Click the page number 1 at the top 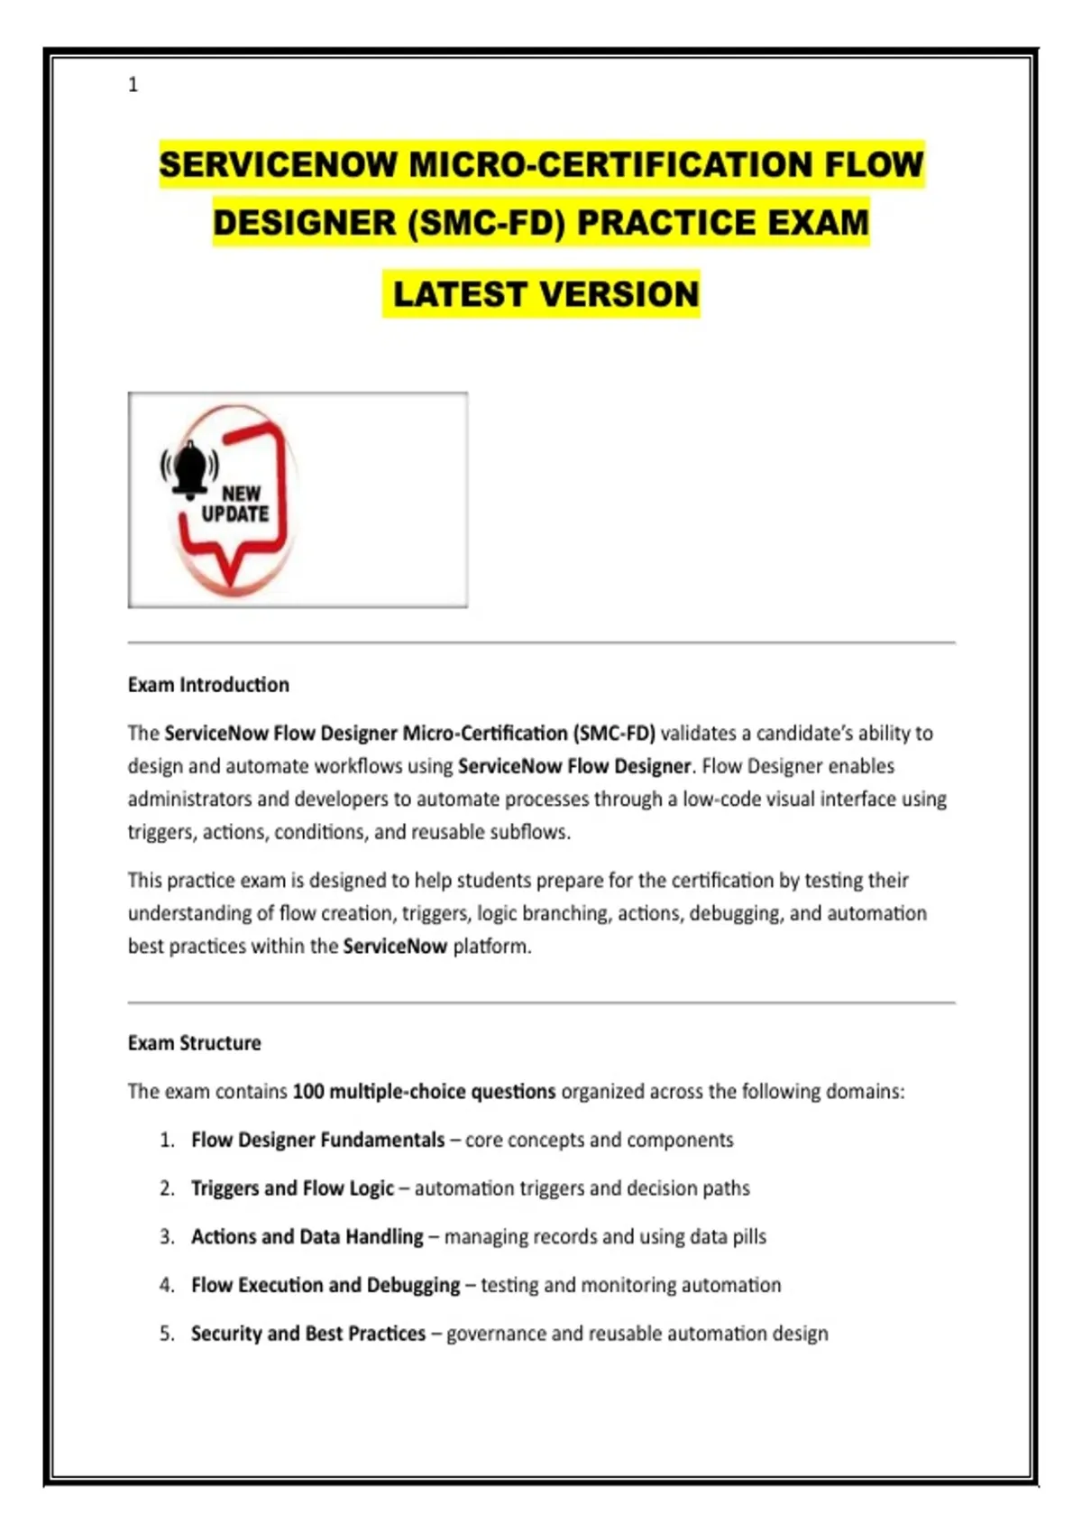(133, 85)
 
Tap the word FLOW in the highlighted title (874, 165)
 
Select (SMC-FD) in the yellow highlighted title (486, 223)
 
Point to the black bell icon (190, 467)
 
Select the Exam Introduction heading (208, 685)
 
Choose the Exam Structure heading (194, 1043)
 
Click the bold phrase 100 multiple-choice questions (424, 1092)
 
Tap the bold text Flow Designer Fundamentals (317, 1141)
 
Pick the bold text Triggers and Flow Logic (292, 1188)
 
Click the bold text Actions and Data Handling (307, 1237)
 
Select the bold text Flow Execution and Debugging (326, 1285)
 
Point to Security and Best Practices (307, 1334)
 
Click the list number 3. (167, 1237)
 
